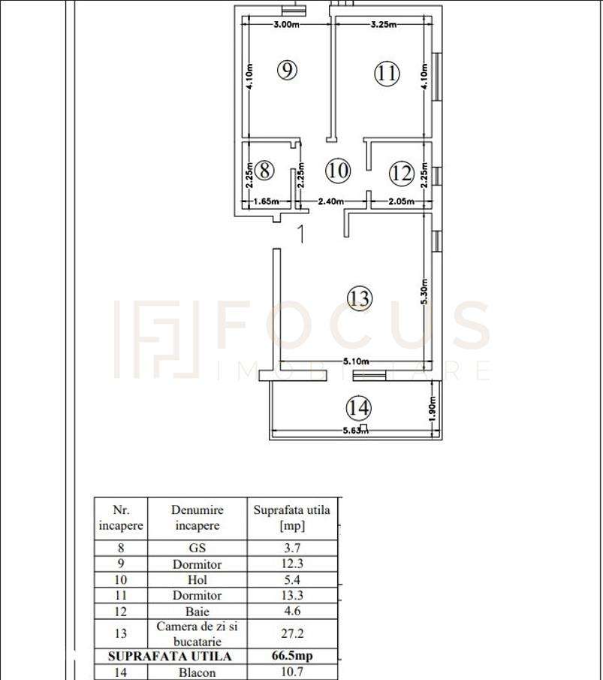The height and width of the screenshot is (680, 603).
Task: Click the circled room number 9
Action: pos(287,70)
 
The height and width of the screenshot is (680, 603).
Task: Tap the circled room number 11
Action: pos(387,73)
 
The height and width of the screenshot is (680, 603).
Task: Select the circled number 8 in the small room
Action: pos(264,170)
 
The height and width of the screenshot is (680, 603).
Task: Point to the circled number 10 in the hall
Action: pos(338,170)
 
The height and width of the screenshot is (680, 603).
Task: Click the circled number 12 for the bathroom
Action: pos(402,174)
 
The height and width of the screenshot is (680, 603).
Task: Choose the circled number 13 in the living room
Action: pos(360,298)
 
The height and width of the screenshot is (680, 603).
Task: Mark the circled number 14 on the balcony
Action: pos(359,408)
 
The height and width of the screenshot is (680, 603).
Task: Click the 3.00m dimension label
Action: pos(286,25)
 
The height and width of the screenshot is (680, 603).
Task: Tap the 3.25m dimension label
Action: pos(384,25)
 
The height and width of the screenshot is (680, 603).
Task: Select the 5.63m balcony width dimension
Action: pos(355,431)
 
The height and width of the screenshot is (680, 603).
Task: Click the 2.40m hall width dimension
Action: pos(331,201)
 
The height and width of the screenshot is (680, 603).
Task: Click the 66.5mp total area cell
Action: pos(292,656)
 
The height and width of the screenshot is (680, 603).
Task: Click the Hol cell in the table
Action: pos(197,580)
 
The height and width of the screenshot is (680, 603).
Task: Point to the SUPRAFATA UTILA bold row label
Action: pos(169,656)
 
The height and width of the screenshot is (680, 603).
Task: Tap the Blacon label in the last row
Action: pos(197,672)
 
